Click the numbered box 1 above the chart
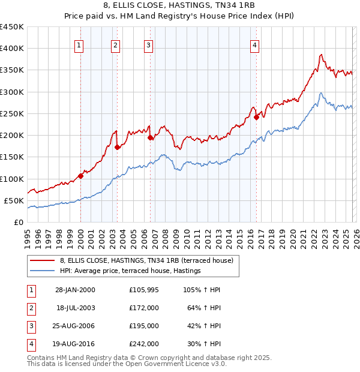80,44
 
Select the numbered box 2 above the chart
115,44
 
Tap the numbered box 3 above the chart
148,44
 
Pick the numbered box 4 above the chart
254,44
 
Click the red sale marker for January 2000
80,176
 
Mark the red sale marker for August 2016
256,117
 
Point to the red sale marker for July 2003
117,147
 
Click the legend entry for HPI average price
130,271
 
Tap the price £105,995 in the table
144,290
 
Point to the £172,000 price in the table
144,308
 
